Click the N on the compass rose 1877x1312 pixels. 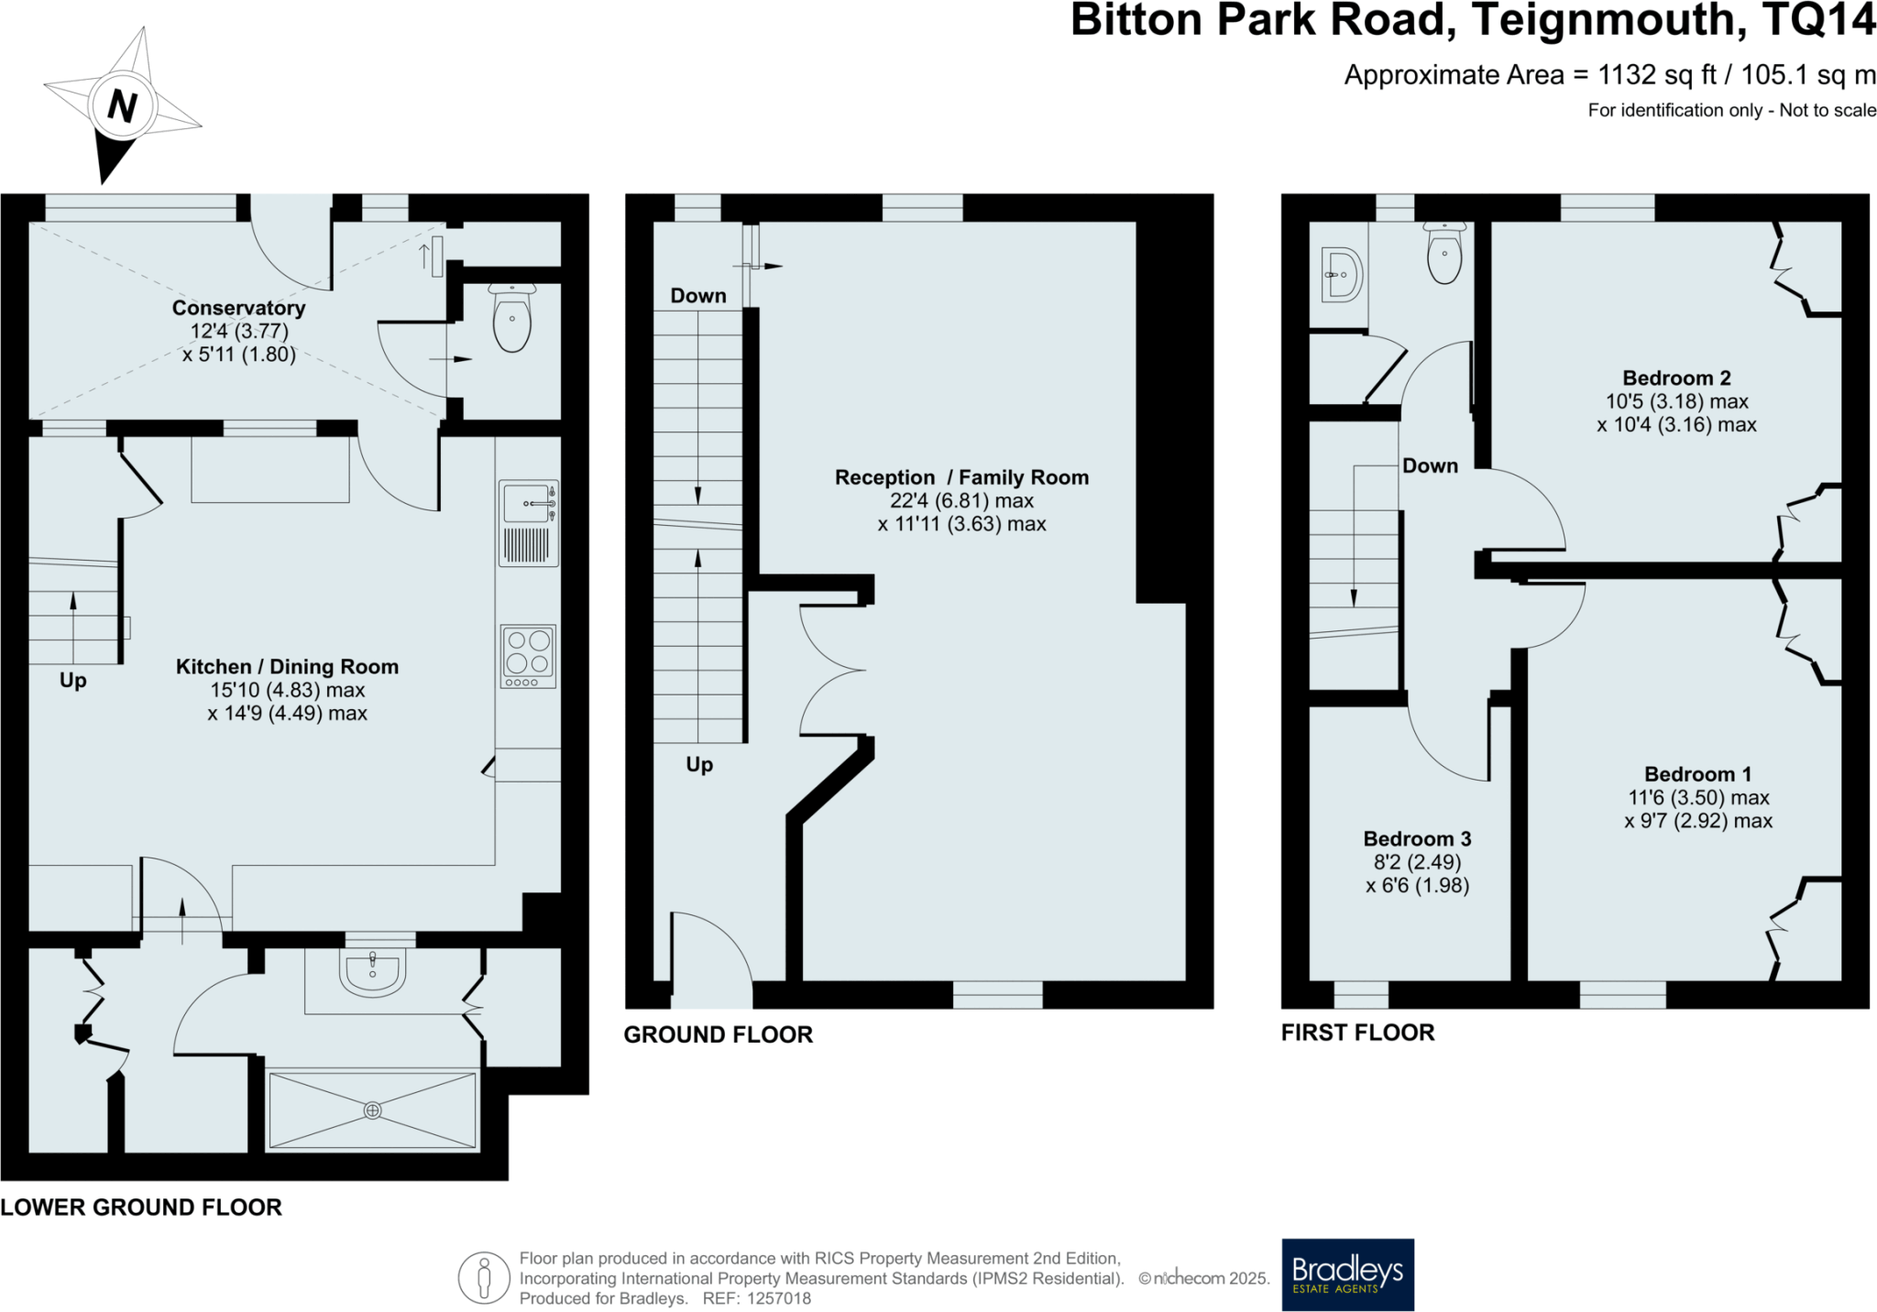(x=122, y=106)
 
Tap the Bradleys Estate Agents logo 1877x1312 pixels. (x=1347, y=1274)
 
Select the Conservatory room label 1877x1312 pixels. (x=238, y=308)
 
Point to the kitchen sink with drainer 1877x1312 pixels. (x=529, y=522)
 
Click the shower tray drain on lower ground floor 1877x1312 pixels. (x=372, y=1110)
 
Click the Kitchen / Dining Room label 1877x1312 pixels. (x=287, y=666)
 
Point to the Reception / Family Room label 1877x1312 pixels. (x=961, y=477)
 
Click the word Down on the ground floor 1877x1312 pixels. (x=698, y=295)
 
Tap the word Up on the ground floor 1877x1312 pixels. (x=699, y=764)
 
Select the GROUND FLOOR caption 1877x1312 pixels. (x=718, y=1034)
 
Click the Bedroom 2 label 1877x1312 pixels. (x=1676, y=377)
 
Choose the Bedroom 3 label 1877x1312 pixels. (x=1417, y=838)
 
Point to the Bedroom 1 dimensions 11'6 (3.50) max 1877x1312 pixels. (x=1698, y=797)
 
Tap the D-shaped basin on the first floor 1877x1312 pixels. (x=1343, y=274)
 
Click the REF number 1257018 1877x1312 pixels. (x=779, y=1298)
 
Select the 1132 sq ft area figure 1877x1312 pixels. (x=1657, y=74)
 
